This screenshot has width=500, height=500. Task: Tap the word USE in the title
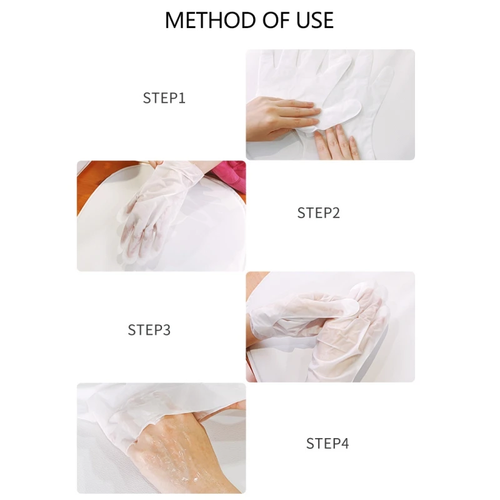(315, 21)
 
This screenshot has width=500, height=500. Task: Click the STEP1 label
(164, 98)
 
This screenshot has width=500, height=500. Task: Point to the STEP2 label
(319, 213)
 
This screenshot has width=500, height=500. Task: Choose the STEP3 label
(149, 330)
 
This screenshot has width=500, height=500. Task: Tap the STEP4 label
(327, 444)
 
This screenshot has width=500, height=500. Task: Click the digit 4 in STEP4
(345, 444)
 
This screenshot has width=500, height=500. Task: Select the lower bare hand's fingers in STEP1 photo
(336, 142)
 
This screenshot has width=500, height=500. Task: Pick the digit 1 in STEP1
(182, 98)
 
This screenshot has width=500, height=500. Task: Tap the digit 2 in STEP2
(336, 213)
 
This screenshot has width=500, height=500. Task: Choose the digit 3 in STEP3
(166, 330)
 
